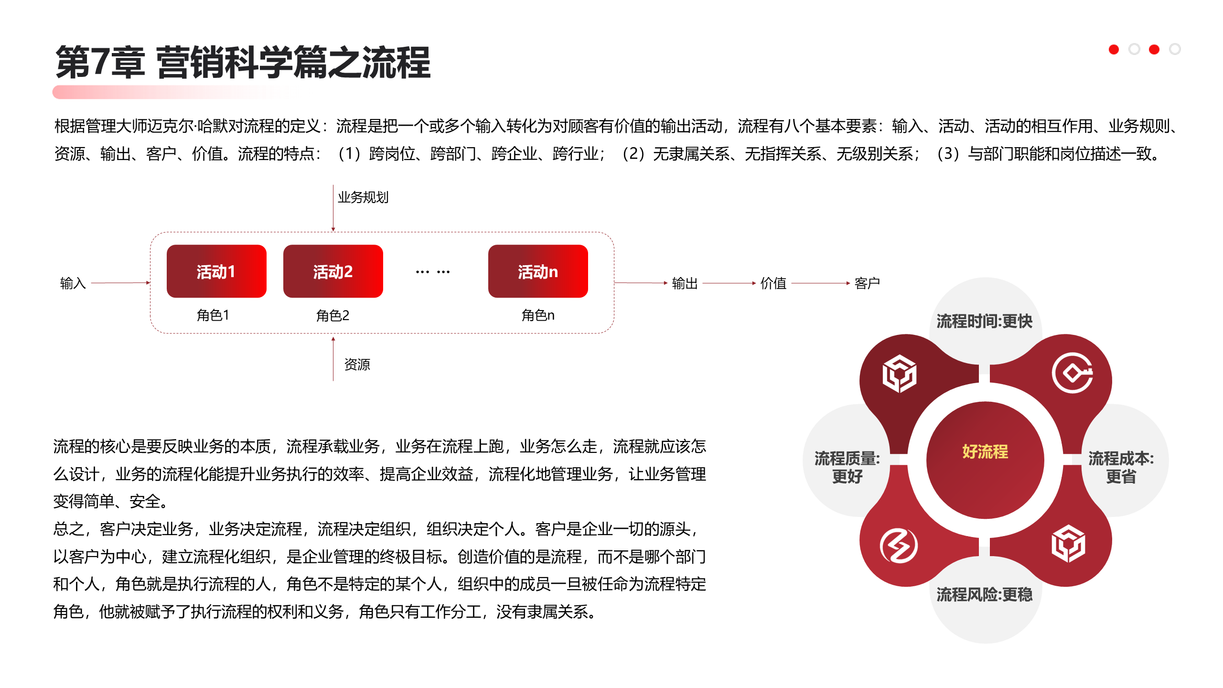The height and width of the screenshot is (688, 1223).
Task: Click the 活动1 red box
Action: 216,271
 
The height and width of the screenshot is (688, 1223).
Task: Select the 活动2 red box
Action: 333,271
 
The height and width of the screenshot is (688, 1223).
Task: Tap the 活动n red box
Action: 538,271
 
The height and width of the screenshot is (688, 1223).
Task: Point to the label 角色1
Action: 213,315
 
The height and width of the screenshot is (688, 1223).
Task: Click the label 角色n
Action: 538,315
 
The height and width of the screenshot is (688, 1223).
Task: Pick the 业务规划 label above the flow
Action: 363,197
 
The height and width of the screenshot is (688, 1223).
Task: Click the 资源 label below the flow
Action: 357,365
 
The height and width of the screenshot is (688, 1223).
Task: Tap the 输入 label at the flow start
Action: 73,283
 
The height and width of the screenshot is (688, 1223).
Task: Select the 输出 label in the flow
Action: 685,283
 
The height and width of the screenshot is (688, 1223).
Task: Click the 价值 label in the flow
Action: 773,283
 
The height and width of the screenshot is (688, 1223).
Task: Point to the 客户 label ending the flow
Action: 867,283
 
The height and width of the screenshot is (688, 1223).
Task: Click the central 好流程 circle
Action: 985,451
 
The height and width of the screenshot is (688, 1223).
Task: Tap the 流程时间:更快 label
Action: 985,321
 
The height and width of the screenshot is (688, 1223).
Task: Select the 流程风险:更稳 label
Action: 985,594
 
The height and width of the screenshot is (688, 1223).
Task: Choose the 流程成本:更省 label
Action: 1121,467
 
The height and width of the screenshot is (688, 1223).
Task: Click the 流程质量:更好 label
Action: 847,467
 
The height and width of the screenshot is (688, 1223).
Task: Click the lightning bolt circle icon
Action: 899,546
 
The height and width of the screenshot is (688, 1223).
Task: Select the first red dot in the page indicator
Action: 1114,49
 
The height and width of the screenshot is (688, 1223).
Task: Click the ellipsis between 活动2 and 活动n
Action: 433,272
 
